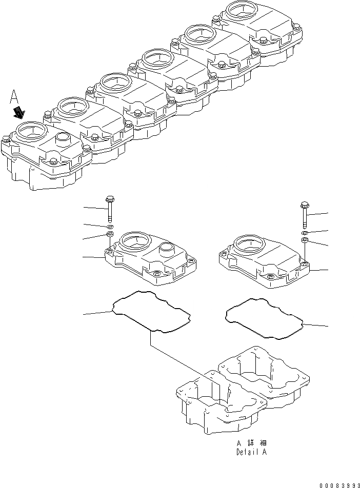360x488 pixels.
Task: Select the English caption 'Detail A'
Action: click(x=251, y=453)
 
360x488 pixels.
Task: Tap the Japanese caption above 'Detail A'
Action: click(x=251, y=442)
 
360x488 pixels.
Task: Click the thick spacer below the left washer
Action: click(x=109, y=235)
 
